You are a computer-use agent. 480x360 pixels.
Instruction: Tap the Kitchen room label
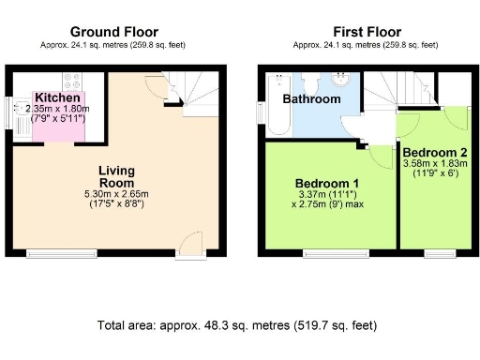(56, 97)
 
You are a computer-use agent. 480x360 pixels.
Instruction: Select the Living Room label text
(119, 176)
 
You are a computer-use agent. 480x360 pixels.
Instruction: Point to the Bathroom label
(313, 98)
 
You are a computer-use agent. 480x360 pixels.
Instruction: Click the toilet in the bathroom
(308, 80)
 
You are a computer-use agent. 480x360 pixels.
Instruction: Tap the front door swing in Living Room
(190, 242)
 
